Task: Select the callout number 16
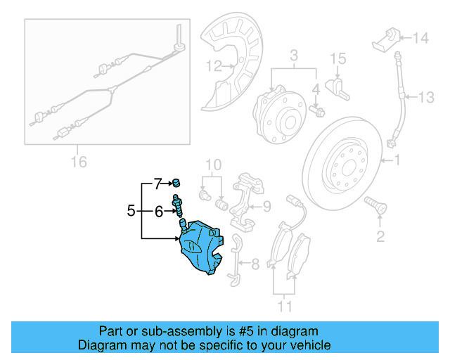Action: pos(79,162)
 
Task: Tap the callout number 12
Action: pos(213,67)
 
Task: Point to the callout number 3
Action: pos(294,55)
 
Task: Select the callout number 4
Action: pos(316,89)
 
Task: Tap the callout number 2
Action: pos(380,236)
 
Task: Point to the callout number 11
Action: pos(285,307)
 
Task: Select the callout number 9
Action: pos(266,206)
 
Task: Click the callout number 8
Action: pos(255,264)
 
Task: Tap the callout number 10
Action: pos(213,165)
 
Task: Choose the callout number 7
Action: pos(158,185)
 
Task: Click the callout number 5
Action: pos(131,210)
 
